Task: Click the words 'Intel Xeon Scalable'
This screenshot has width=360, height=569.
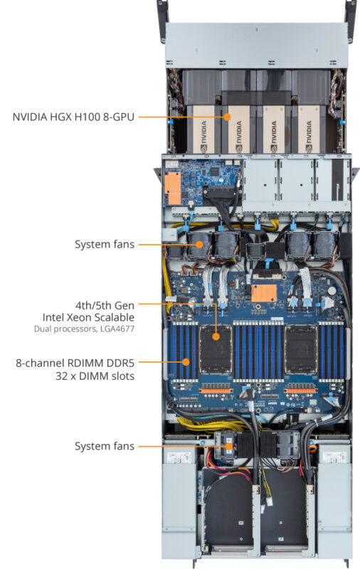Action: click(x=85, y=317)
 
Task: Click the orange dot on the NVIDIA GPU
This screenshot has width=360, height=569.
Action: click(x=228, y=115)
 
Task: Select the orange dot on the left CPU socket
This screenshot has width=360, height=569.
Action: click(x=216, y=334)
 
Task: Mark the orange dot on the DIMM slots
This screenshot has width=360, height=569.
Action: click(x=186, y=361)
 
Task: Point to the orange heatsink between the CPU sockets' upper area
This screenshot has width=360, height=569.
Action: click(x=261, y=292)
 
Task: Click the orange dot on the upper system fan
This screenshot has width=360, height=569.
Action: click(x=200, y=244)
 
